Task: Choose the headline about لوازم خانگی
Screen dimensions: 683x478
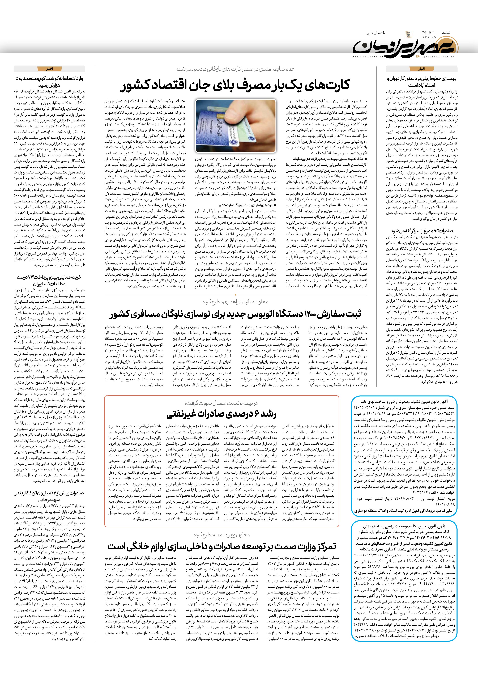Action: click(222, 546)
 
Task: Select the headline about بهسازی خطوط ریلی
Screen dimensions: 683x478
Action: click(422, 82)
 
